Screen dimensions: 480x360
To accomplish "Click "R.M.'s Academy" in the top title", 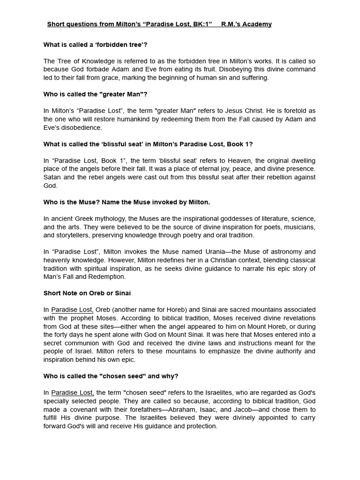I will [x=246, y=24].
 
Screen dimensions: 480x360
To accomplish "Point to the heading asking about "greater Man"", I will [x=95, y=94].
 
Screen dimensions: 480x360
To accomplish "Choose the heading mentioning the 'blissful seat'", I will [x=148, y=144].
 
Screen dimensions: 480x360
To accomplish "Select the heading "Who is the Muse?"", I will [x=127, y=202].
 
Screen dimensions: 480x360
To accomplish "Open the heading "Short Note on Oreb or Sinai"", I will [x=87, y=293].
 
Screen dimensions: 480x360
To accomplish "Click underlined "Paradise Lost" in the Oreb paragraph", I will [x=72, y=310].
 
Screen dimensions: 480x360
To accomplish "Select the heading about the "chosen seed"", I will [x=111, y=376].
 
